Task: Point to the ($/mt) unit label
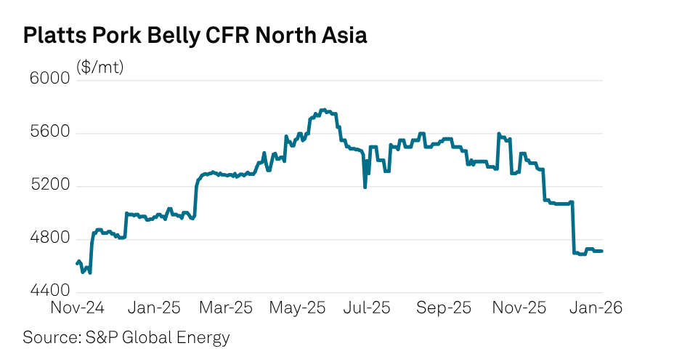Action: (x=100, y=68)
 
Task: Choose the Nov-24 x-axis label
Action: (x=77, y=307)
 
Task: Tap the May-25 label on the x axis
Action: (x=298, y=307)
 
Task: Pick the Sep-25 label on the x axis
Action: (x=443, y=307)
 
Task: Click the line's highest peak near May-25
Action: (x=323, y=110)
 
